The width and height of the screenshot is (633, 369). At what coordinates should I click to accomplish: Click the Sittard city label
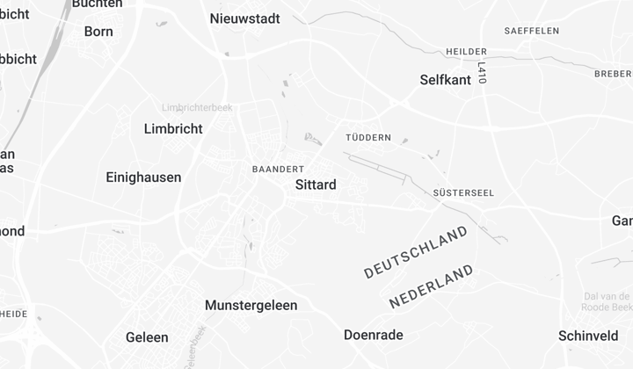[316, 185]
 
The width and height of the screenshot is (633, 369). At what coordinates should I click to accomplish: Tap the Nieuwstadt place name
[245, 18]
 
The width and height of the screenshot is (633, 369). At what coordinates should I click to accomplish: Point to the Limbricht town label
[173, 129]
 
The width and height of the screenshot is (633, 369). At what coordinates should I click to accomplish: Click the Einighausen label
[143, 177]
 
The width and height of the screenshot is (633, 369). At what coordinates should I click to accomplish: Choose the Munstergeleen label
[251, 306]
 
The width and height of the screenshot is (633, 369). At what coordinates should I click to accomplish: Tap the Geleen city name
[147, 337]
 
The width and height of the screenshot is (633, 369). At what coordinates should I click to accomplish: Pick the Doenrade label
[373, 335]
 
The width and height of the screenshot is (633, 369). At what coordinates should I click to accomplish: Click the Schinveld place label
[588, 336]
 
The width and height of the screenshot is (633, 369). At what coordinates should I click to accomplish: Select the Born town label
[98, 32]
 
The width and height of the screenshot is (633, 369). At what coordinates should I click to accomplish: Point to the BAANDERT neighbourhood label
[278, 169]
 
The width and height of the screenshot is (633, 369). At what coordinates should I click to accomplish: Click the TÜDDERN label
[368, 139]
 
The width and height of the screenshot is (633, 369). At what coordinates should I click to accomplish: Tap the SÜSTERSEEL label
[463, 193]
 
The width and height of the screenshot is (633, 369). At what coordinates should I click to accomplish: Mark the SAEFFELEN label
[532, 31]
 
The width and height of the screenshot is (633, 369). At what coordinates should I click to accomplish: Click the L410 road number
[482, 73]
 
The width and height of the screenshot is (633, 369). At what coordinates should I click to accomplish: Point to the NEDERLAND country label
[431, 286]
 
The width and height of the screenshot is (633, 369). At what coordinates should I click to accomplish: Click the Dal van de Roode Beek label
[608, 301]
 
